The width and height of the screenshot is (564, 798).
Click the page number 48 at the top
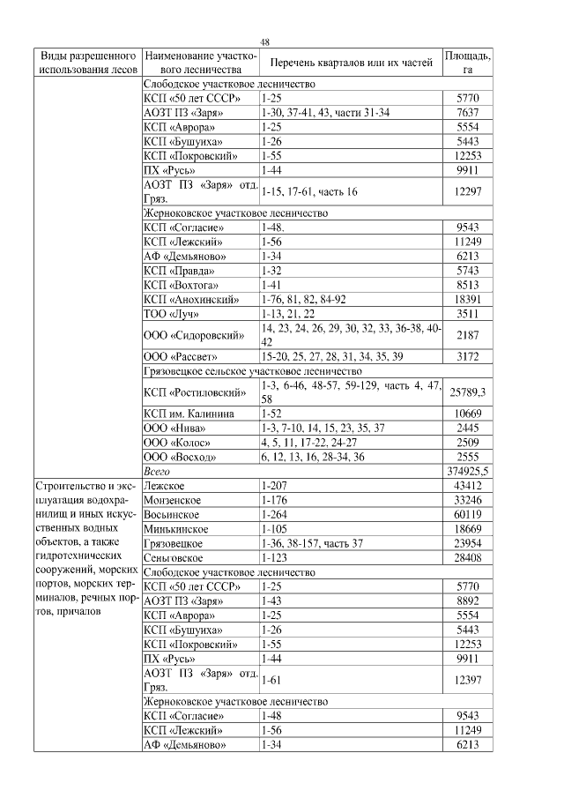pyautogui.click(x=264, y=41)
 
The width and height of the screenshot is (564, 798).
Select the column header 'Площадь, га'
pyautogui.click(x=468, y=62)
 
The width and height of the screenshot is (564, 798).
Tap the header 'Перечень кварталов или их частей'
pyautogui.click(x=351, y=63)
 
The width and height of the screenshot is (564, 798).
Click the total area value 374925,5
pyautogui.click(x=468, y=472)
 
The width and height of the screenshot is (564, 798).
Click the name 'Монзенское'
pyautogui.click(x=172, y=500)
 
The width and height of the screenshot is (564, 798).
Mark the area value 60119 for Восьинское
pyautogui.click(x=468, y=514)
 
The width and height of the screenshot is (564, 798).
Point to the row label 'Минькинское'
pyautogui.click(x=175, y=529)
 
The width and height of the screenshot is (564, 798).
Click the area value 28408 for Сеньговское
pyautogui.click(x=468, y=557)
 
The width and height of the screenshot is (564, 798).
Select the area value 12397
pyautogui.click(x=468, y=680)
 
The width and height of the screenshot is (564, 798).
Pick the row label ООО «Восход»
pyautogui.click(x=177, y=457)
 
